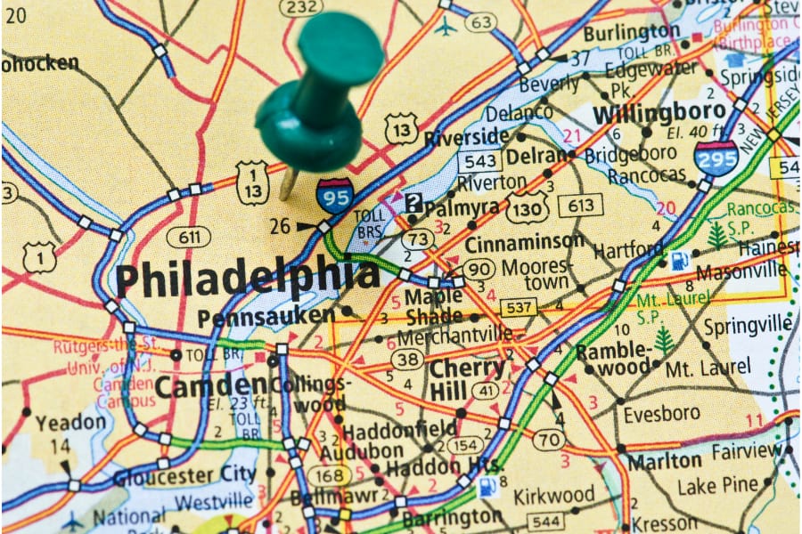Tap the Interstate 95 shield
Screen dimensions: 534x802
[x=334, y=195]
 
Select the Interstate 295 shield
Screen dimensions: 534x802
[x=716, y=158]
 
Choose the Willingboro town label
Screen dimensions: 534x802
[x=659, y=113]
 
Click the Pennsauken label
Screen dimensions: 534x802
[x=266, y=316]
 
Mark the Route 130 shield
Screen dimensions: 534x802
[x=528, y=207]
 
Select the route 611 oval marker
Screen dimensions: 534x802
[x=188, y=237]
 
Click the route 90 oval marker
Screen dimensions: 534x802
[x=479, y=268]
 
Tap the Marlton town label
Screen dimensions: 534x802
[x=664, y=461]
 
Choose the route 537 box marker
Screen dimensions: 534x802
[x=518, y=307]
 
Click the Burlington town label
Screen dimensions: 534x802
[x=632, y=32]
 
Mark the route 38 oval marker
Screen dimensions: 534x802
[x=407, y=359]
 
